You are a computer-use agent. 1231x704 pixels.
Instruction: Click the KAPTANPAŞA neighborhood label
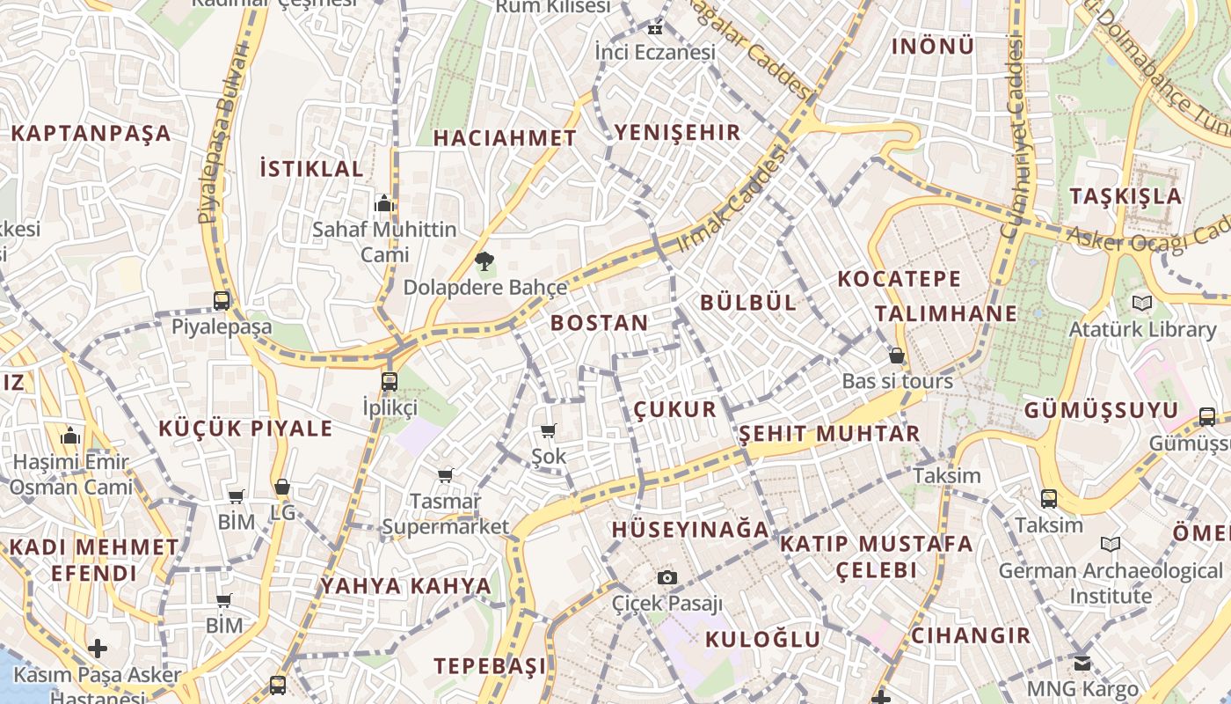[x=91, y=134]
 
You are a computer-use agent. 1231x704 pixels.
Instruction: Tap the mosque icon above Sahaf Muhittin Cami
[x=383, y=204]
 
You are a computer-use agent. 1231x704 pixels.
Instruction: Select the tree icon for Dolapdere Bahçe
[x=484, y=260]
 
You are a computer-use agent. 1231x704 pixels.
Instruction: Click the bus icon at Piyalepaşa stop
[x=222, y=300]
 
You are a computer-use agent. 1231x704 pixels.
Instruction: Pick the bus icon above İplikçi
[x=390, y=381]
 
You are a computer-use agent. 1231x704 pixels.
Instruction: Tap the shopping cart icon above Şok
[x=549, y=430]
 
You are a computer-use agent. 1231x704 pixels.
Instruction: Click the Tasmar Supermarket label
[x=446, y=514]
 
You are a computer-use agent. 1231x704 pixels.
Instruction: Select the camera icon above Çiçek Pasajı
[x=667, y=577]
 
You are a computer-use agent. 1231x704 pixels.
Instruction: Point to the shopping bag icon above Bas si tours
[x=897, y=356]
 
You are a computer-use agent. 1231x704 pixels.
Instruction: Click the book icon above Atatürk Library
[x=1142, y=303]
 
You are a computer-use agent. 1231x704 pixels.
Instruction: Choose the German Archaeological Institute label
[x=1111, y=583]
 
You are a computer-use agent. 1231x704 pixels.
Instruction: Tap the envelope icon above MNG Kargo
[x=1082, y=663]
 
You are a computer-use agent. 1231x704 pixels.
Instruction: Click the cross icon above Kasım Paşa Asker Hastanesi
[x=98, y=649]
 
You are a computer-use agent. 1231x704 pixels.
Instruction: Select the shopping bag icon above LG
[x=282, y=487]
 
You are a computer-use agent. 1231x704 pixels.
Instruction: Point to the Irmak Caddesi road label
[x=732, y=199]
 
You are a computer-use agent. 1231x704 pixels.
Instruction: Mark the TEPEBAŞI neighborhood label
[x=490, y=665]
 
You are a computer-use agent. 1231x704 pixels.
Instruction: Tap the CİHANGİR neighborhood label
[x=971, y=635]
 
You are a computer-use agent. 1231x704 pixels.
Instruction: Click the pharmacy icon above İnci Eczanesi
[x=654, y=28]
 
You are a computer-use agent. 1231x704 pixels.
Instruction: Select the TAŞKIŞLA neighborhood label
[x=1125, y=195]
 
